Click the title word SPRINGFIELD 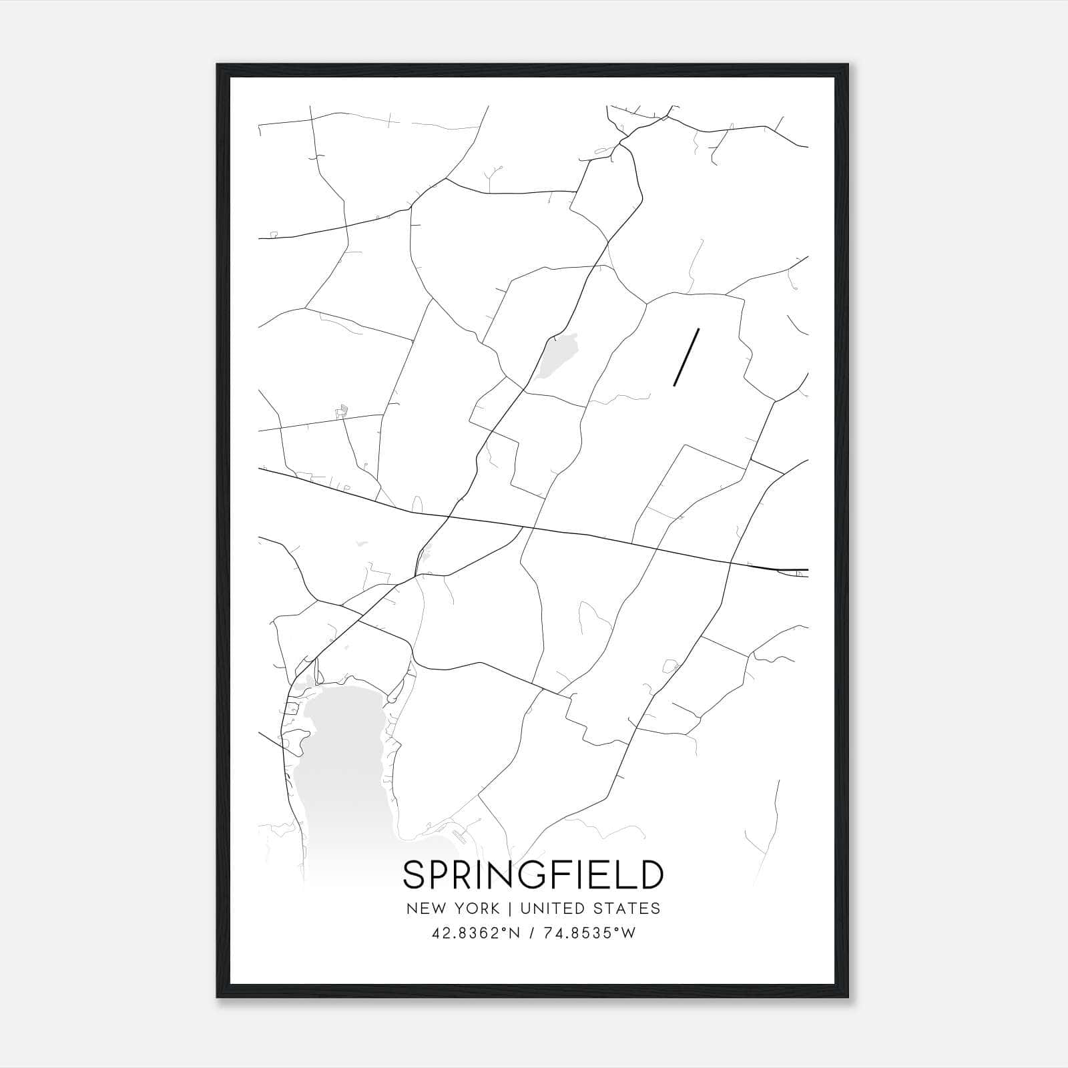point(533,875)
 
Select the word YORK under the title point(475,908)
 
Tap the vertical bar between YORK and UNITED point(509,908)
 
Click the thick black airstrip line point(687,357)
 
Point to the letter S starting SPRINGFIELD point(414,875)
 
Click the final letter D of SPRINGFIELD point(651,875)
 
